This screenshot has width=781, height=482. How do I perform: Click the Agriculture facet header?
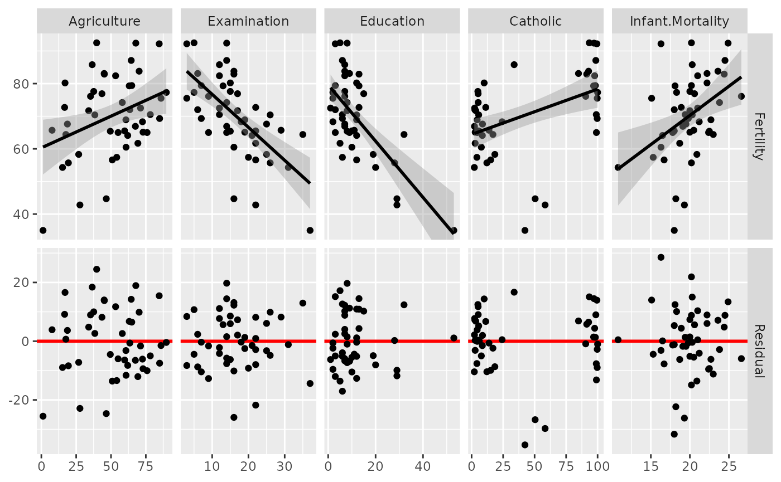coord(104,22)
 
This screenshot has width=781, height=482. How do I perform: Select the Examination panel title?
coord(248,22)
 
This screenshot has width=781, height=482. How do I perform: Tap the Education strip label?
coord(392,22)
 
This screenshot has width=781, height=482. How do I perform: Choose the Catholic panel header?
coord(536,22)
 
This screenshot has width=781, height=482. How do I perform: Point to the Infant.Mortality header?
coord(679,22)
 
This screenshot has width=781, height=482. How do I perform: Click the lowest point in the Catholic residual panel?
coord(525,445)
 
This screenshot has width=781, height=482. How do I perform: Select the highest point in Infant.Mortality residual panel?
coord(661,257)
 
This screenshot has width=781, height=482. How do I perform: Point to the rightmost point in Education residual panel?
coord(454,338)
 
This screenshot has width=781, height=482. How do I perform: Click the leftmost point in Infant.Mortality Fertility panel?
coord(618,167)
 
